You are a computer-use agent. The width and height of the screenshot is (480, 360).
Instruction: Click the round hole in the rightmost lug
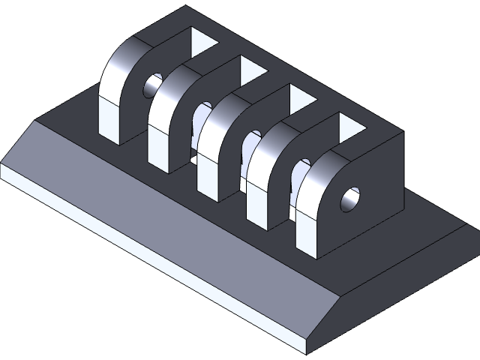tap(350, 199)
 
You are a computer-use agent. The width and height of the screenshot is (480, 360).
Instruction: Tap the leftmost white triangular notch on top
tap(201, 43)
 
